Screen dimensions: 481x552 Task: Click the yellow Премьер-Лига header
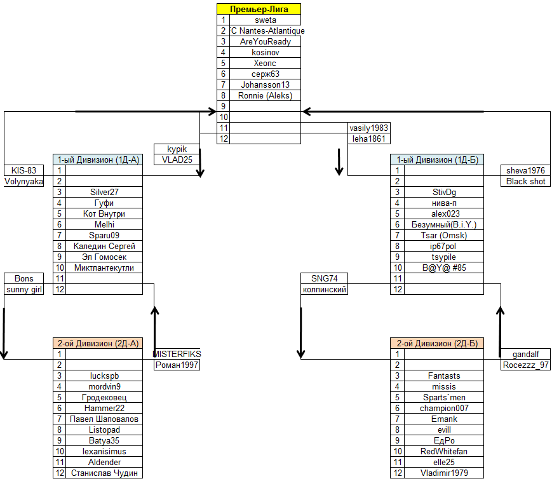259,9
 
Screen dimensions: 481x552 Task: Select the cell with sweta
265,20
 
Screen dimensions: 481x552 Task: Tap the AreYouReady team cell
265,41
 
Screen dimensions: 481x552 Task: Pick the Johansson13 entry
265,85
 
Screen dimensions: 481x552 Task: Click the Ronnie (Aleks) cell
265,95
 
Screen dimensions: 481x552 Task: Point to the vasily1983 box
369,128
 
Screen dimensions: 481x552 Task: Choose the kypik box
177,149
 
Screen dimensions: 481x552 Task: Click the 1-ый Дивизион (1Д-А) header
98,159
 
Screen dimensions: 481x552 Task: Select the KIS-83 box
24,170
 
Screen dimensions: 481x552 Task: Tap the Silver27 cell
104,192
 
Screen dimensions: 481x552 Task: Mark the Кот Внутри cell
104,213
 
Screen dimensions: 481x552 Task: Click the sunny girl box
24,290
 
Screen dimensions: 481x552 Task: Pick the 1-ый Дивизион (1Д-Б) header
436,159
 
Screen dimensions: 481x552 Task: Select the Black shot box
525,181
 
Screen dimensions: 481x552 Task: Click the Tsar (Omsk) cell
443,235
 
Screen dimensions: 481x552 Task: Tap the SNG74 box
324,278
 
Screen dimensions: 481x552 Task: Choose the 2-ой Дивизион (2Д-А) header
98,343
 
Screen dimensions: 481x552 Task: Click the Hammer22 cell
104,408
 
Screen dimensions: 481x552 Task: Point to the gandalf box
525,354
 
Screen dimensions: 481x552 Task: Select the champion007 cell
443,408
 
